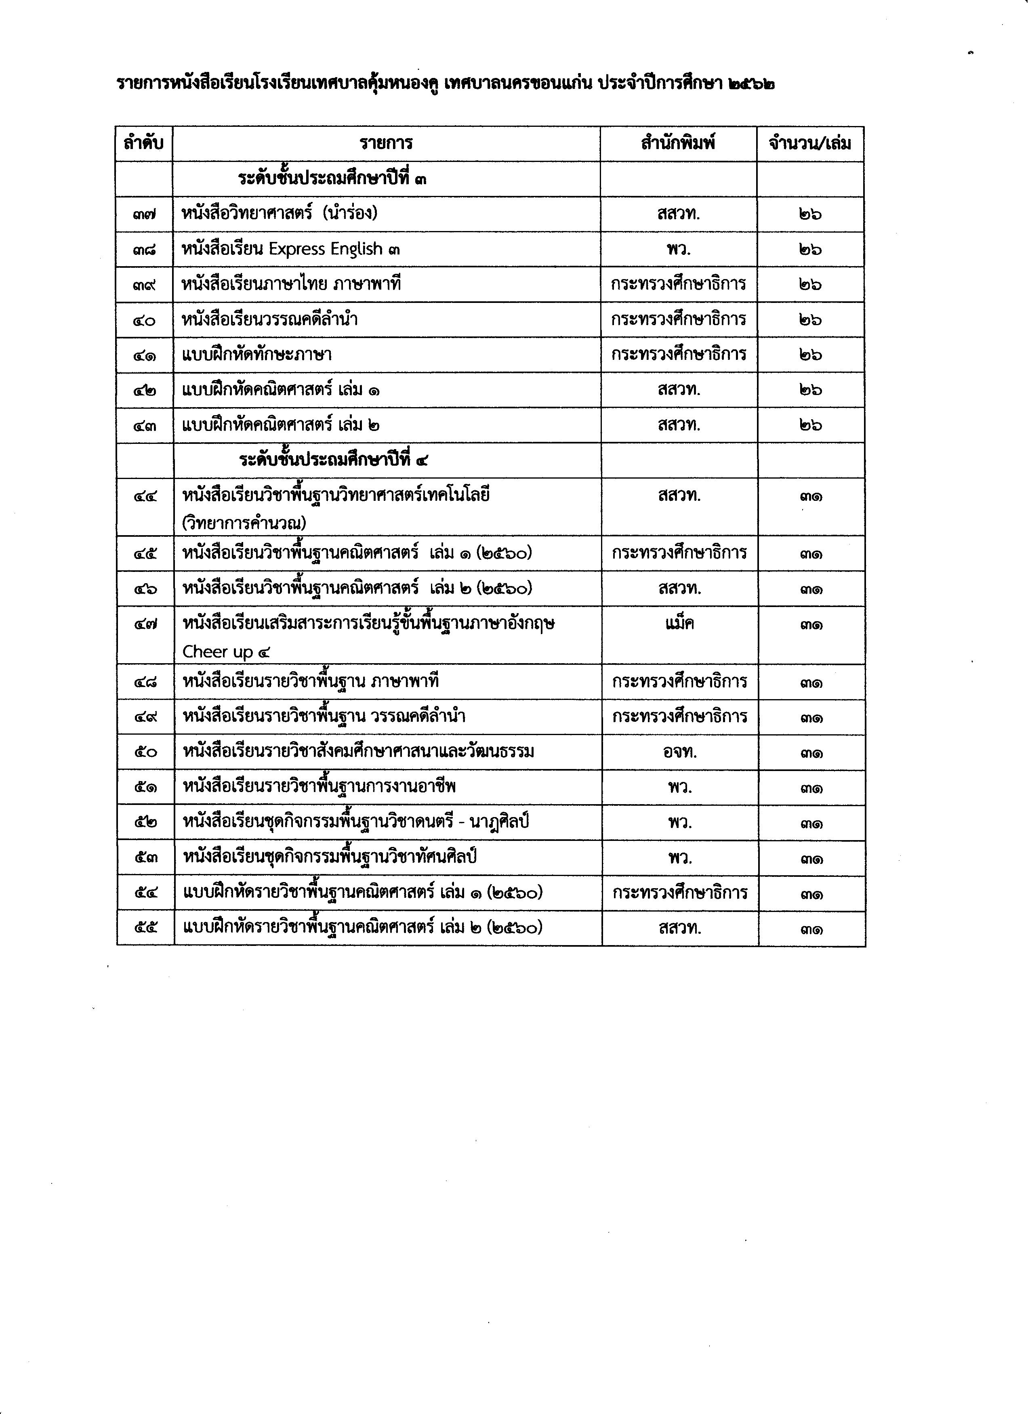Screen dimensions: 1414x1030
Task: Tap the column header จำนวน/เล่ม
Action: (x=810, y=144)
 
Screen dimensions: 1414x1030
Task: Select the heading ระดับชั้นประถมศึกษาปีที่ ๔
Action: (x=334, y=460)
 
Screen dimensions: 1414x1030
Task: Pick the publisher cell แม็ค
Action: (x=680, y=624)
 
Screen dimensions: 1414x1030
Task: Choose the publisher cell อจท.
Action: (x=680, y=752)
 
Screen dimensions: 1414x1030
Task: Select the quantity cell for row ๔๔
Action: (x=811, y=497)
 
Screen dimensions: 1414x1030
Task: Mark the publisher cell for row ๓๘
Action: (x=679, y=249)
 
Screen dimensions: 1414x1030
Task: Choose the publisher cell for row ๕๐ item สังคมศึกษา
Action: (x=680, y=752)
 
